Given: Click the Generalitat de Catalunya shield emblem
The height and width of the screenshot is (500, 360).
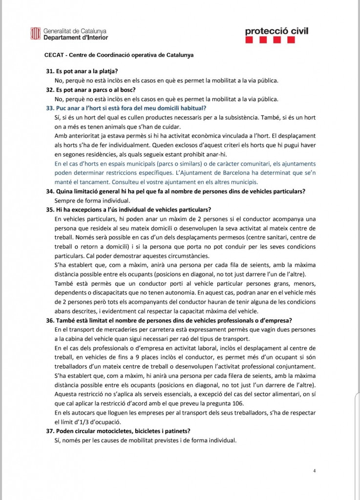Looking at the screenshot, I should [36, 34].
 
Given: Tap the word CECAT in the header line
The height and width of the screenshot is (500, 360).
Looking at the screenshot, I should [53, 55].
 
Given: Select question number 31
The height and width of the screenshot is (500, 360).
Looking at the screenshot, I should [50, 71].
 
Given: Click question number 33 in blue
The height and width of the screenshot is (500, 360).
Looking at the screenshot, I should [50, 108].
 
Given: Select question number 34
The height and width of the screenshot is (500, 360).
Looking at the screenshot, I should [50, 191].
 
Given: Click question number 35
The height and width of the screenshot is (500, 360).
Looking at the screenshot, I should [50, 209].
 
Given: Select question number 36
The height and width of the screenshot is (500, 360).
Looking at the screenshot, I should [50, 320].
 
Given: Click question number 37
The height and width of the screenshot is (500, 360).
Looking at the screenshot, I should [50, 431].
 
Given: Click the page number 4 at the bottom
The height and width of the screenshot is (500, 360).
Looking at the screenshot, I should [315, 471].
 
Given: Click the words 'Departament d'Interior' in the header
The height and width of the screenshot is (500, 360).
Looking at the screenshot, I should [76, 38].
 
